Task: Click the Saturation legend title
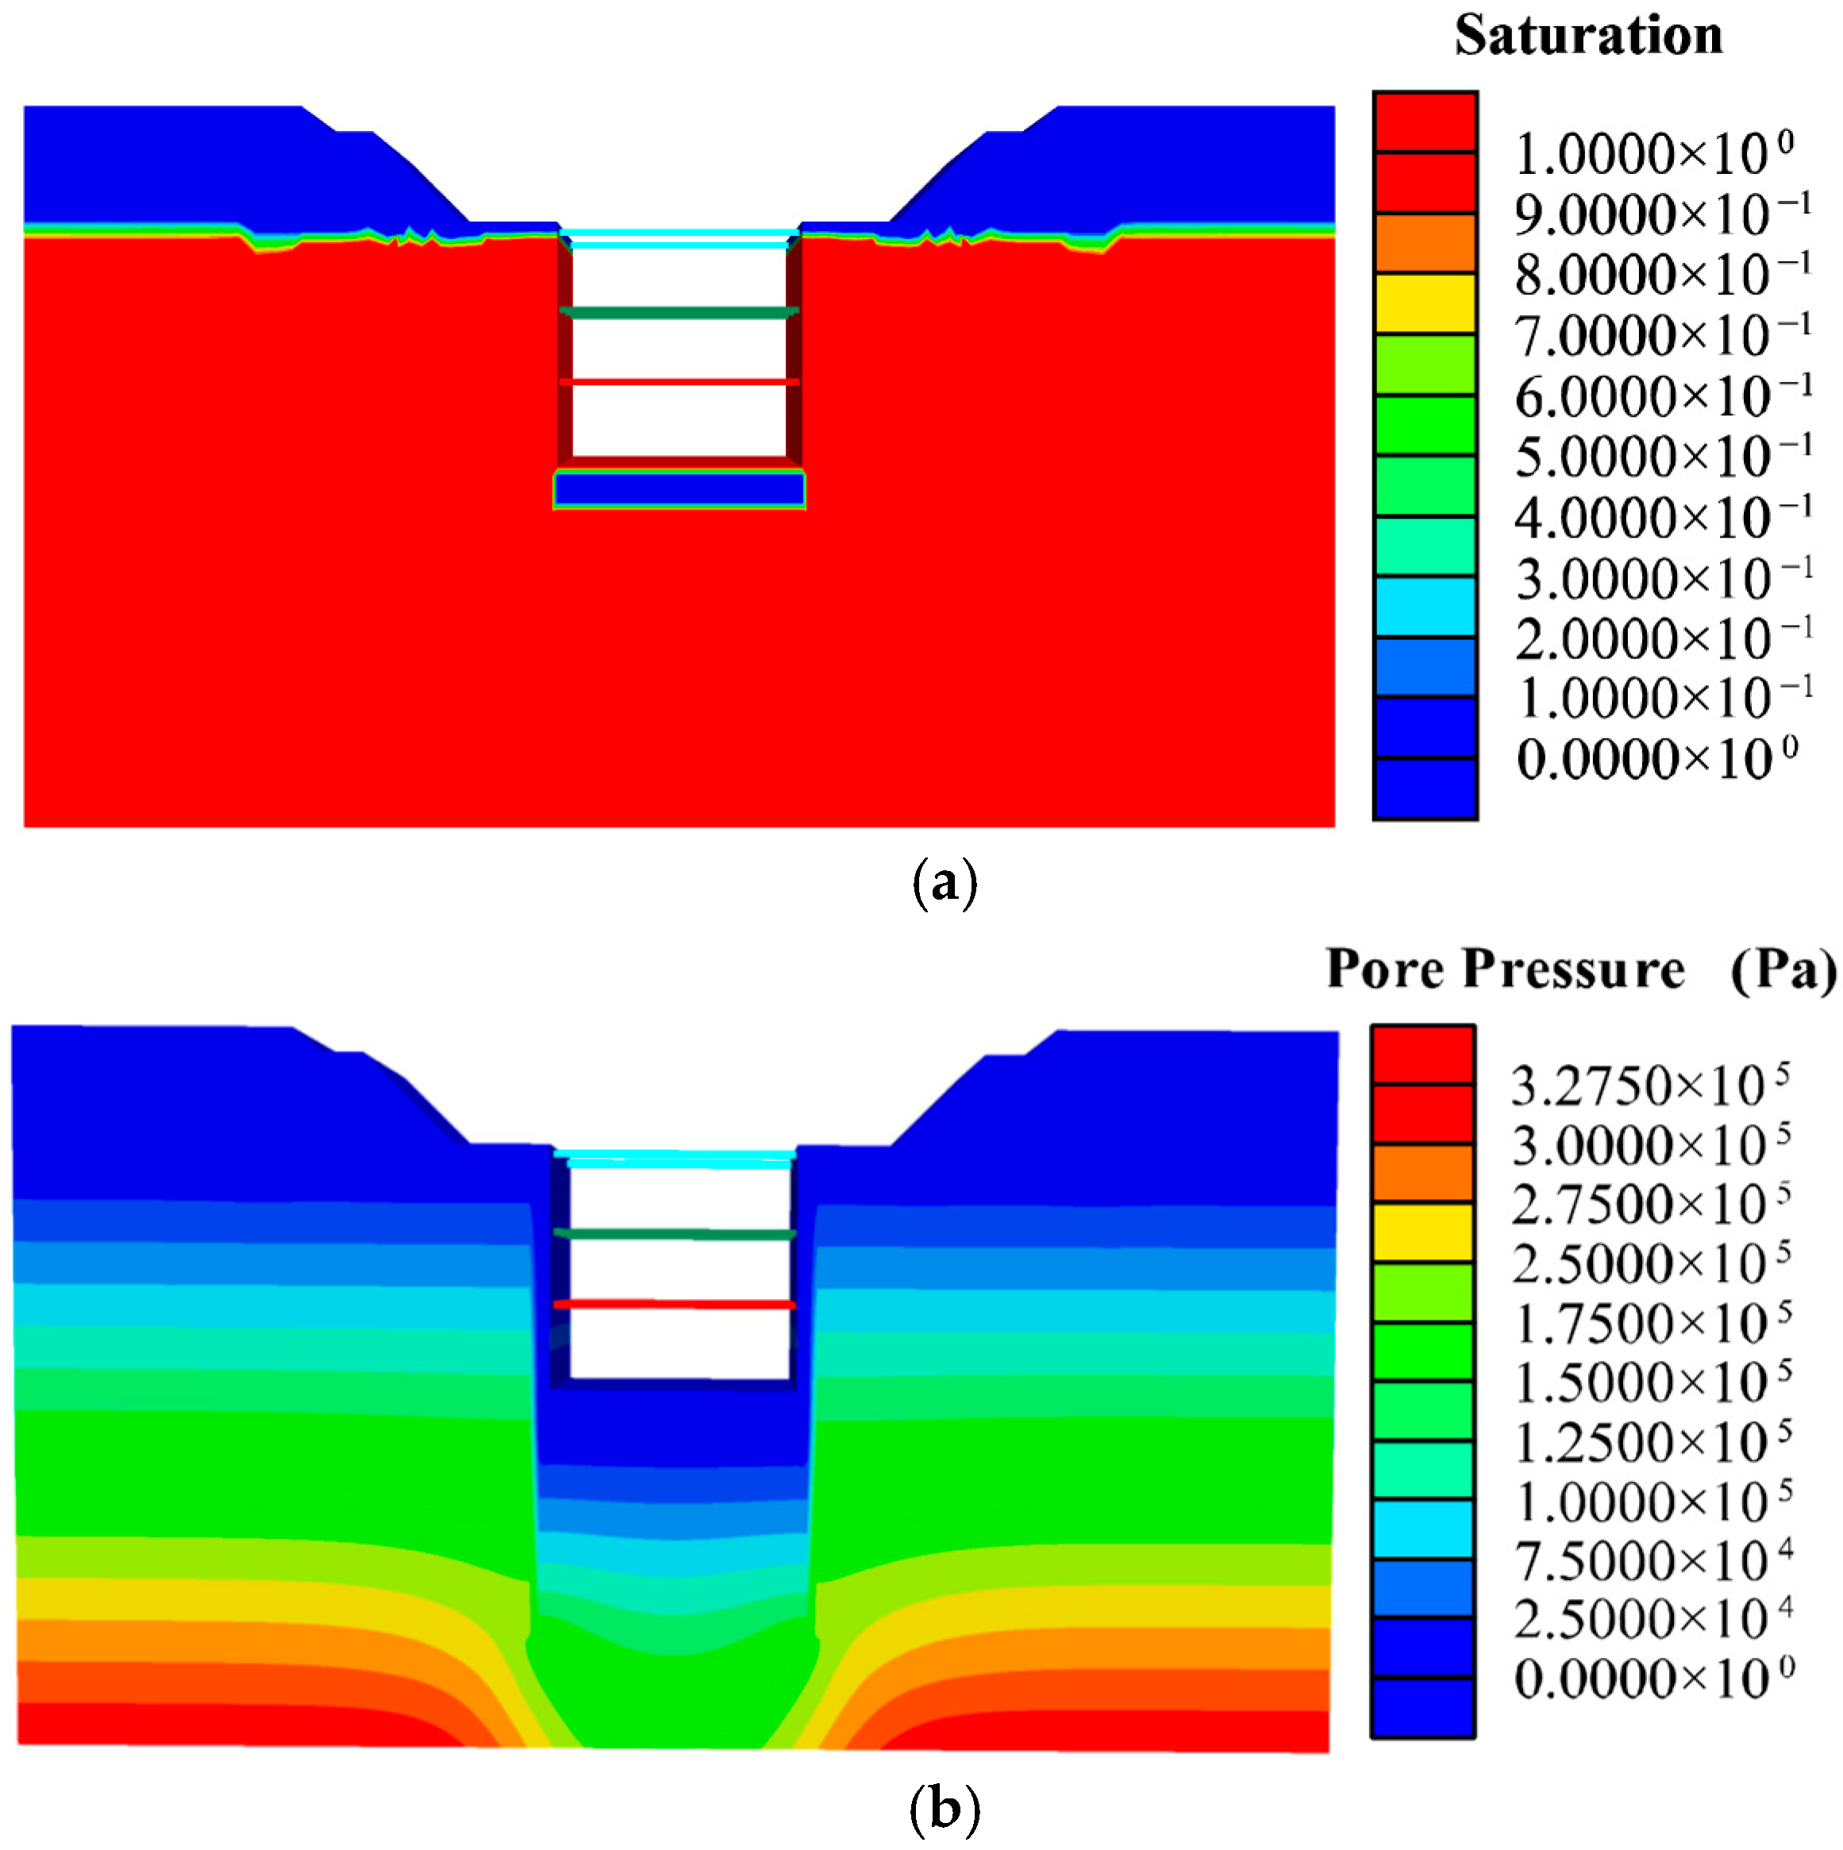tap(1588, 37)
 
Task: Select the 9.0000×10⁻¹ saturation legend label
tap(1663, 214)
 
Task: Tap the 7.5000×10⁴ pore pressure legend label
tap(1653, 1562)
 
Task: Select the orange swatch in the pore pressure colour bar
tap(1422, 1173)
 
